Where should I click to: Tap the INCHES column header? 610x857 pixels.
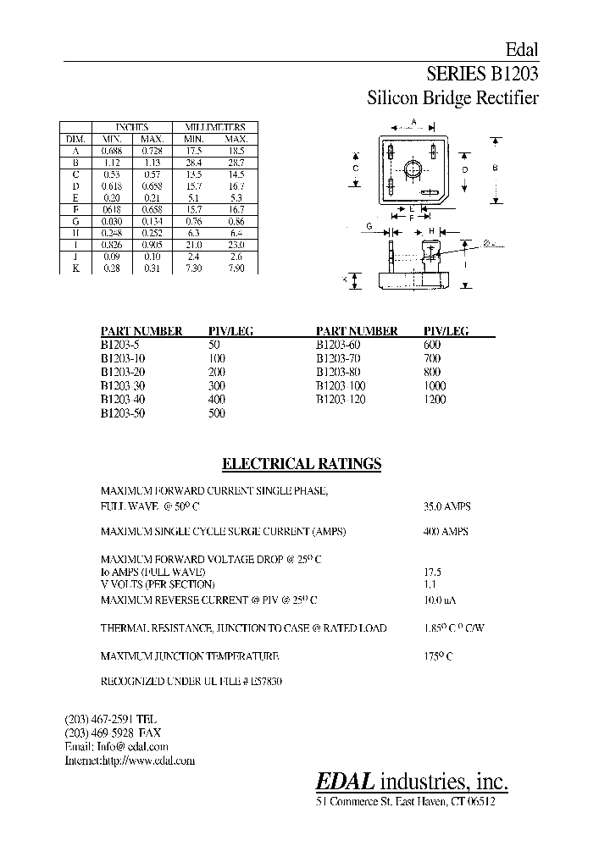131,127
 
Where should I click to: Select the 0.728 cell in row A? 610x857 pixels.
152,150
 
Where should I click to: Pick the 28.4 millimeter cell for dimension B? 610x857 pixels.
194,161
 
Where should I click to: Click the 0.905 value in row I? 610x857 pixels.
152,244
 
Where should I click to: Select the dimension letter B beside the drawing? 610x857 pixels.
495,168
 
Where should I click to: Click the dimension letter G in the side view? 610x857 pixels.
369,226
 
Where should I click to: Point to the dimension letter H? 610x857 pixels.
430,231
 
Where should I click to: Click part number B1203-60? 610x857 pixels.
341,345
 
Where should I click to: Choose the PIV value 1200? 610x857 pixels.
434,399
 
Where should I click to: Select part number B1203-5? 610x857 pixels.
119,345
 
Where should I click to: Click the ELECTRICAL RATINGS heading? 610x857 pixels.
301,464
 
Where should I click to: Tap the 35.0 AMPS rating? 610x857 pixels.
446,506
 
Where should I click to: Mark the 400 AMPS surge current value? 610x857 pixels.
446,531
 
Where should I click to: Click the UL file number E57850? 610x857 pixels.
264,681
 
